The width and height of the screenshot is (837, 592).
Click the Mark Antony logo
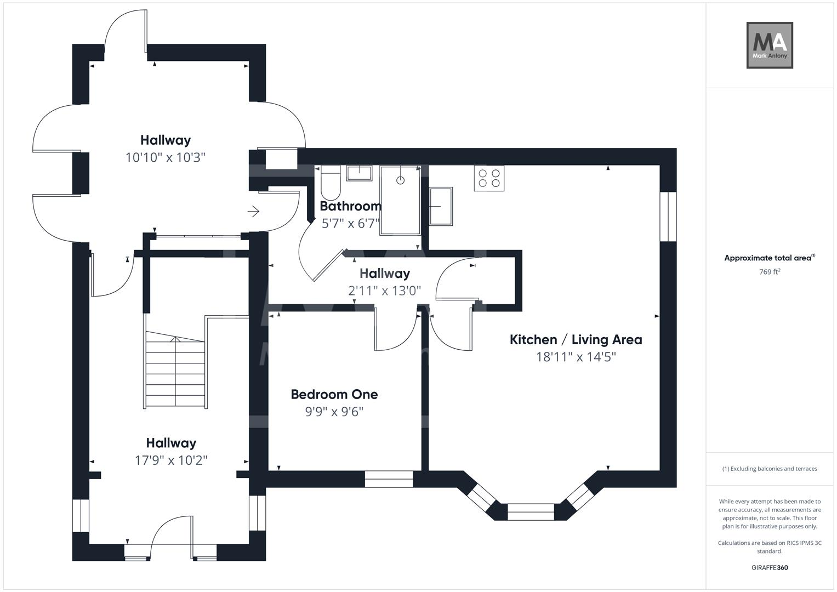tap(769, 45)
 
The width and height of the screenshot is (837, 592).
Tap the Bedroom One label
tap(334, 394)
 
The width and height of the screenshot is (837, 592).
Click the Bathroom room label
tap(350, 206)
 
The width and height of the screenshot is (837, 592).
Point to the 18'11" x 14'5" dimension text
tap(576, 357)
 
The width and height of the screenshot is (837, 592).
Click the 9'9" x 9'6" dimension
tap(334, 412)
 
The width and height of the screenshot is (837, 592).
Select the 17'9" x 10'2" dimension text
tap(171, 460)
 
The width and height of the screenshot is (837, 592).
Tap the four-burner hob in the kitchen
tap(489, 178)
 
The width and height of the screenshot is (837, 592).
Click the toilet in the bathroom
tap(331, 184)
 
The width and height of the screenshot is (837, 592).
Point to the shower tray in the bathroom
tap(400, 200)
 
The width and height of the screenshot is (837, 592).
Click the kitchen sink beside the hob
tap(441, 207)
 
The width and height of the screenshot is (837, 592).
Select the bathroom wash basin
tap(358, 173)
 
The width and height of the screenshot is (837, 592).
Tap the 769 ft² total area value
tap(769, 272)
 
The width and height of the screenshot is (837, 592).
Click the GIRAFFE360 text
tap(769, 568)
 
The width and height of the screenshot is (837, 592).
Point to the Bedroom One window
tap(389, 479)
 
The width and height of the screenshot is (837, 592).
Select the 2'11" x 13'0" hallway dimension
tap(384, 291)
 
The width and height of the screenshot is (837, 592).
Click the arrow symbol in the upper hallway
tap(253, 211)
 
